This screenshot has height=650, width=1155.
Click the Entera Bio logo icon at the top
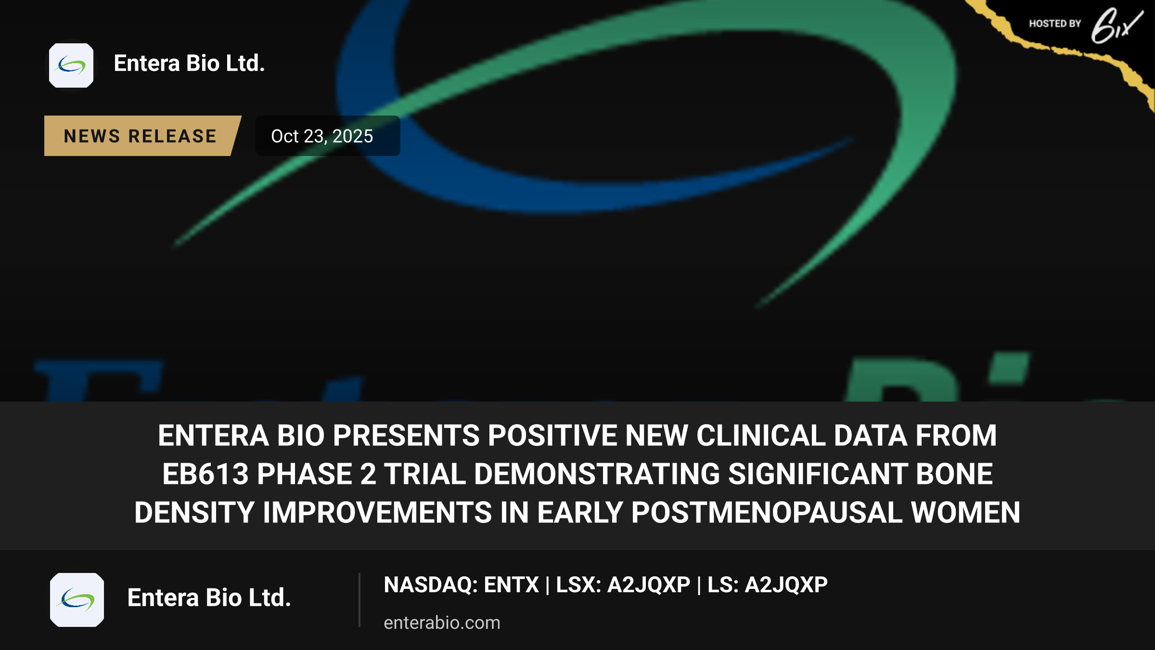click(x=71, y=65)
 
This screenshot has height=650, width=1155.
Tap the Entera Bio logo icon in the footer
click(x=77, y=600)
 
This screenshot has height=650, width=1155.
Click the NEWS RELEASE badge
click(x=141, y=136)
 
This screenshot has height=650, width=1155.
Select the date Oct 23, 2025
click(x=322, y=136)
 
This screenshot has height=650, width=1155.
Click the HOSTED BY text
click(x=1055, y=24)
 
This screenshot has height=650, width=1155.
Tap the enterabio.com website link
click(x=442, y=623)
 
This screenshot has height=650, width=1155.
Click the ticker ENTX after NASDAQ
click(x=511, y=585)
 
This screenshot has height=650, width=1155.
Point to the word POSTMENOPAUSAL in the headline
click(x=767, y=512)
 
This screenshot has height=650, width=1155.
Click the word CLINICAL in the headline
click(x=761, y=435)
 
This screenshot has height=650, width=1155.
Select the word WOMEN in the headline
click(x=965, y=512)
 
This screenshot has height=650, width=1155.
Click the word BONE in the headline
click(x=954, y=474)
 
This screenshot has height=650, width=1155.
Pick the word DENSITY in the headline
click(x=194, y=512)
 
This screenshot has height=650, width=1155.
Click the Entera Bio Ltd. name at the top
click(x=189, y=64)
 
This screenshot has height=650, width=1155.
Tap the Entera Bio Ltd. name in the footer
click(x=209, y=598)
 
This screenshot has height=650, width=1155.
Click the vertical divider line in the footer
click(x=359, y=600)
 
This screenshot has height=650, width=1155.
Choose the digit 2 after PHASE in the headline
click(x=368, y=474)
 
